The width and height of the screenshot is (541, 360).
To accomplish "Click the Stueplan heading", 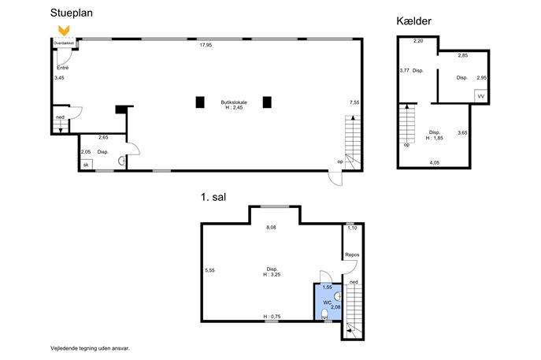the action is (x=72, y=13).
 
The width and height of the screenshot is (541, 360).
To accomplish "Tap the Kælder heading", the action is (x=413, y=21).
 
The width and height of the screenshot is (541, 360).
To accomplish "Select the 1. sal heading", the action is (x=213, y=197).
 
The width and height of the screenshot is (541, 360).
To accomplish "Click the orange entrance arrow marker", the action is (x=64, y=31).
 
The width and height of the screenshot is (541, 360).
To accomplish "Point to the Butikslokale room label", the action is (x=234, y=102).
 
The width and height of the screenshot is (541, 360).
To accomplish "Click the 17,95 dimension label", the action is (x=206, y=45).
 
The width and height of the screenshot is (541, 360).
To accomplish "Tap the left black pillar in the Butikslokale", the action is (x=200, y=102).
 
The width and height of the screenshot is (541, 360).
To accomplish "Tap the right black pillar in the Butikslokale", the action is (x=267, y=102).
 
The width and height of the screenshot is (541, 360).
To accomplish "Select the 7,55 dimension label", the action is (x=354, y=102).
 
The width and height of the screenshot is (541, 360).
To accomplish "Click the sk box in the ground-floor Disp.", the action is (x=87, y=165).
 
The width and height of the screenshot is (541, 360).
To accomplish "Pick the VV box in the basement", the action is (x=480, y=96).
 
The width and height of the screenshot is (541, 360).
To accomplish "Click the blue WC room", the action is (x=328, y=302).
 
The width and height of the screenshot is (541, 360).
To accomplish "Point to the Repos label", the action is (x=352, y=254).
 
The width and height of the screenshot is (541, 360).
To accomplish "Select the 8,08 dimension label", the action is (x=271, y=228).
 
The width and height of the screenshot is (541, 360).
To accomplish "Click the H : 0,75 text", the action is (x=272, y=317).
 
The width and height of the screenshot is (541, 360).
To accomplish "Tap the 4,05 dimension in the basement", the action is (x=435, y=163).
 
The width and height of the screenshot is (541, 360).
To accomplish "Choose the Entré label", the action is (x=62, y=68).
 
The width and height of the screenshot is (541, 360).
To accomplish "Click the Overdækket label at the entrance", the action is (x=64, y=43).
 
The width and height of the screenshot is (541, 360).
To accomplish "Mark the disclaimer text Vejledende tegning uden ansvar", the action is (x=90, y=349).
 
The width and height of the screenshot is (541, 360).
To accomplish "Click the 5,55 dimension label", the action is (x=209, y=270).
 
